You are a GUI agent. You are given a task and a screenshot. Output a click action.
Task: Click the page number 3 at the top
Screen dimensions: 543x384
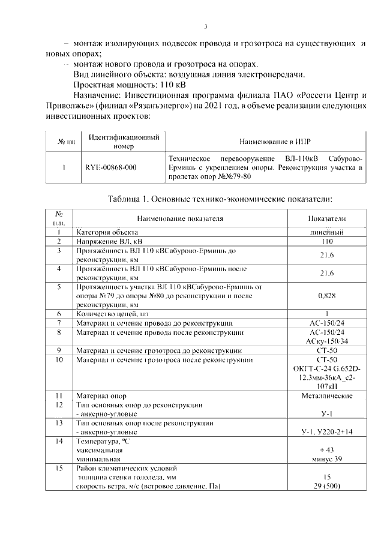click(x=206, y=26)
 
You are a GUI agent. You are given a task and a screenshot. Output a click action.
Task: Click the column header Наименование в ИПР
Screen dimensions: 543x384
click(x=266, y=142)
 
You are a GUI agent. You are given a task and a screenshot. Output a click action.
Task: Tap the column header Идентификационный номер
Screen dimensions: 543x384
click(x=123, y=142)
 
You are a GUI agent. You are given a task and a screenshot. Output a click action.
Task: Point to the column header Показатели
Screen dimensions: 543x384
click(x=327, y=219)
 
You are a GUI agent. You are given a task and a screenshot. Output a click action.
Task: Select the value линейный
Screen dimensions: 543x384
click(x=327, y=232)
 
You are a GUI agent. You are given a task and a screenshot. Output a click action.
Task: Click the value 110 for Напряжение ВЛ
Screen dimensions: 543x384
click(x=327, y=241)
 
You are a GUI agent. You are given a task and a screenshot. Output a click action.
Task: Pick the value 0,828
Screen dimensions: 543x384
click(x=327, y=296)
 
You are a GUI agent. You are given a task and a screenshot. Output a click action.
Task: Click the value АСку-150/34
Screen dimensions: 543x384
click(x=327, y=341)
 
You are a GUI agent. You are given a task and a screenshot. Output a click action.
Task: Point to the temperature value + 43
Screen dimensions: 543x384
click(x=327, y=450)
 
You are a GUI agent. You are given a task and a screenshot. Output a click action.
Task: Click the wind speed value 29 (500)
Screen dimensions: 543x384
click(x=327, y=487)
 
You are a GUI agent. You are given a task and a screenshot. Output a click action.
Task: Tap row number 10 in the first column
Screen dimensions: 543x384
click(x=59, y=359)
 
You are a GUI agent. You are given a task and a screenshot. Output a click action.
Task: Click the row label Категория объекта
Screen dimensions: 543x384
click(x=107, y=232)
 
